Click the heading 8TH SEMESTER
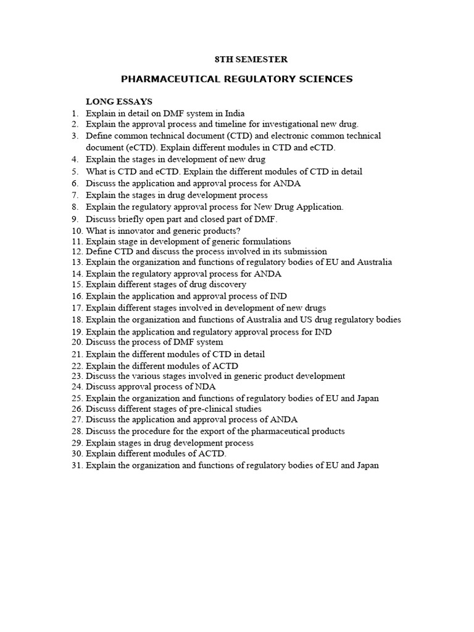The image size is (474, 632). (251, 59)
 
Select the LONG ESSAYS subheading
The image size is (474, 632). (119, 101)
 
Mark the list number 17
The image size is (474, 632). (77, 307)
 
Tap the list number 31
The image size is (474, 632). (77, 465)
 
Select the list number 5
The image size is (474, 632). (75, 172)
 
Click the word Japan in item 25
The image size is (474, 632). (367, 398)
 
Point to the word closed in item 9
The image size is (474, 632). (204, 219)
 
